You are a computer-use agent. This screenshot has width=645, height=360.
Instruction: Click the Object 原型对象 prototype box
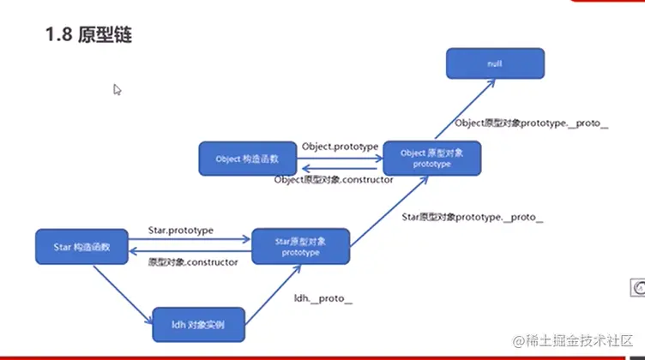431,159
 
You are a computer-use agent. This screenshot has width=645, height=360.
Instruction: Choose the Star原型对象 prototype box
300,247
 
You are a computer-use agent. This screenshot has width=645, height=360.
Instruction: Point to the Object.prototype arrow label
340,147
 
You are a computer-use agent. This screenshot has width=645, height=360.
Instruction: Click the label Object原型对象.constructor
334,180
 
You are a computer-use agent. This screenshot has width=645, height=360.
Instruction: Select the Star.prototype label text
181,231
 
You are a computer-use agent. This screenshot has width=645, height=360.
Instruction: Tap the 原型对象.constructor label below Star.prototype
192,262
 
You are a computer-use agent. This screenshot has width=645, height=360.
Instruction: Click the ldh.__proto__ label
323,297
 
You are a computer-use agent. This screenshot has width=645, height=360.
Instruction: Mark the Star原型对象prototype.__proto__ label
473,218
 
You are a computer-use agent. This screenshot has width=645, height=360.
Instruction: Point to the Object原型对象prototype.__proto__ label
531,123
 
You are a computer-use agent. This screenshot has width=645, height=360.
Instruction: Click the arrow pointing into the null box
463,111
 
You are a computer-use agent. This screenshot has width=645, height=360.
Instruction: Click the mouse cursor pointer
117,89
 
